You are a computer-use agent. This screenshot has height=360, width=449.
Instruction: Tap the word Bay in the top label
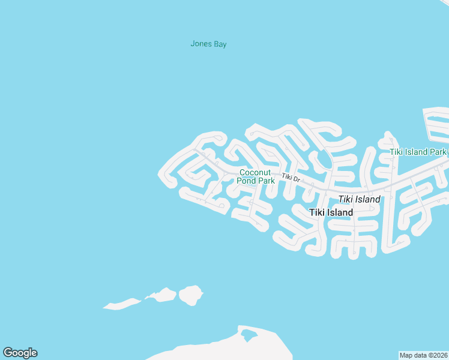pos(220,44)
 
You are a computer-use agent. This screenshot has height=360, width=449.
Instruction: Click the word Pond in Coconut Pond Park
pos(247,181)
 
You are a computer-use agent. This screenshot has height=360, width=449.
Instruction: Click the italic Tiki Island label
pos(359,199)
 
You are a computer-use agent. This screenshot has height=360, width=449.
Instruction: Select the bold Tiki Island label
pos(331,212)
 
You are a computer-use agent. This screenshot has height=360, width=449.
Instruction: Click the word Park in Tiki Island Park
pos(438,152)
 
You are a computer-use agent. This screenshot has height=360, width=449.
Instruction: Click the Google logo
pos(20,353)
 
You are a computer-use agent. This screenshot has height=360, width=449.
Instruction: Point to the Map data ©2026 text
pos(423,355)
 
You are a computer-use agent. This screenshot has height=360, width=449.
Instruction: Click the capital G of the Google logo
pos(8,353)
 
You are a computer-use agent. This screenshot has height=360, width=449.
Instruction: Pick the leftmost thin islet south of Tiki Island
pos(122,304)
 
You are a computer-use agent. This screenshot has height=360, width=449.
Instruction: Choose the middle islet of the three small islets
pos(161,295)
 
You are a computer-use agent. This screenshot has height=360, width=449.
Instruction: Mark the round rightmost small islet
pos(191,295)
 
